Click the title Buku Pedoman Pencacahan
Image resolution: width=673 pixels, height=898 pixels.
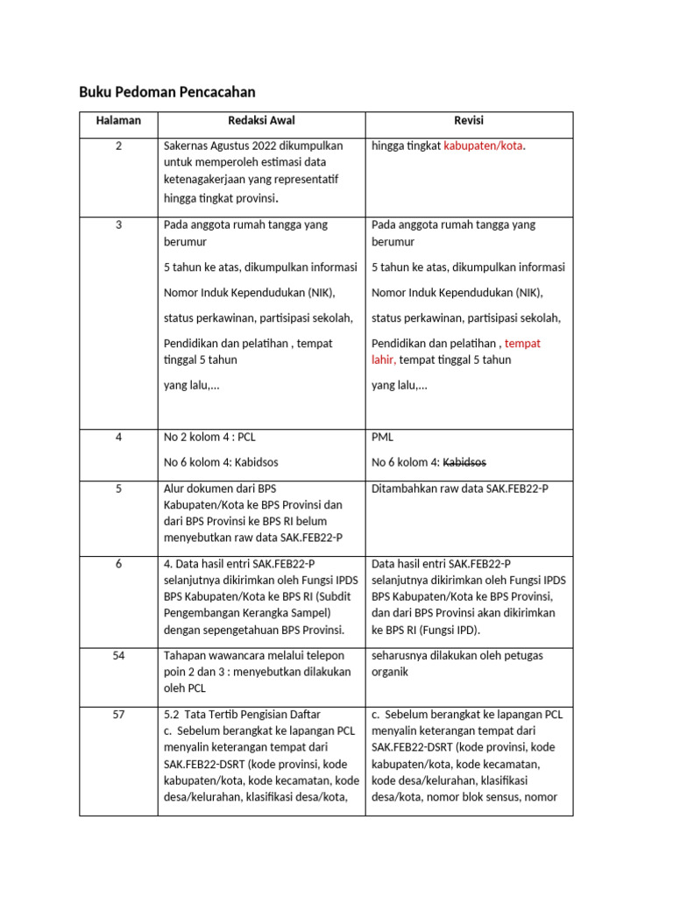(x=166, y=92)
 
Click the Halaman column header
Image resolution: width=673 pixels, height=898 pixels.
(x=118, y=120)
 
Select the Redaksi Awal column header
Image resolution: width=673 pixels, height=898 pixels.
(x=261, y=120)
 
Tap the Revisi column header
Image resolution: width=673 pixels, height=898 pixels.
(x=469, y=120)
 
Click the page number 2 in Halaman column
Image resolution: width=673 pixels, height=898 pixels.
(x=118, y=146)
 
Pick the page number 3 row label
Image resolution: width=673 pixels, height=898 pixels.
(x=118, y=225)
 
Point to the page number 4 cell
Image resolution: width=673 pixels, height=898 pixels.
(x=118, y=437)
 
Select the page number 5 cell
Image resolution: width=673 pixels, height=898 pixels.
(x=118, y=488)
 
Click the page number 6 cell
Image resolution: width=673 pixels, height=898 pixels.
(x=118, y=563)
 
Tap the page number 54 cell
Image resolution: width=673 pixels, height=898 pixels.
(x=118, y=656)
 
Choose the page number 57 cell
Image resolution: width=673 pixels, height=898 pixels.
(x=118, y=715)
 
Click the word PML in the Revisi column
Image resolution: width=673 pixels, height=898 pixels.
(x=383, y=437)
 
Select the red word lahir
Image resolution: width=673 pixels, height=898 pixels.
(x=383, y=360)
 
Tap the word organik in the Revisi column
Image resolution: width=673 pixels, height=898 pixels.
(x=391, y=673)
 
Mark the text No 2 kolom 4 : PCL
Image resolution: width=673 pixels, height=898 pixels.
(x=209, y=437)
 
